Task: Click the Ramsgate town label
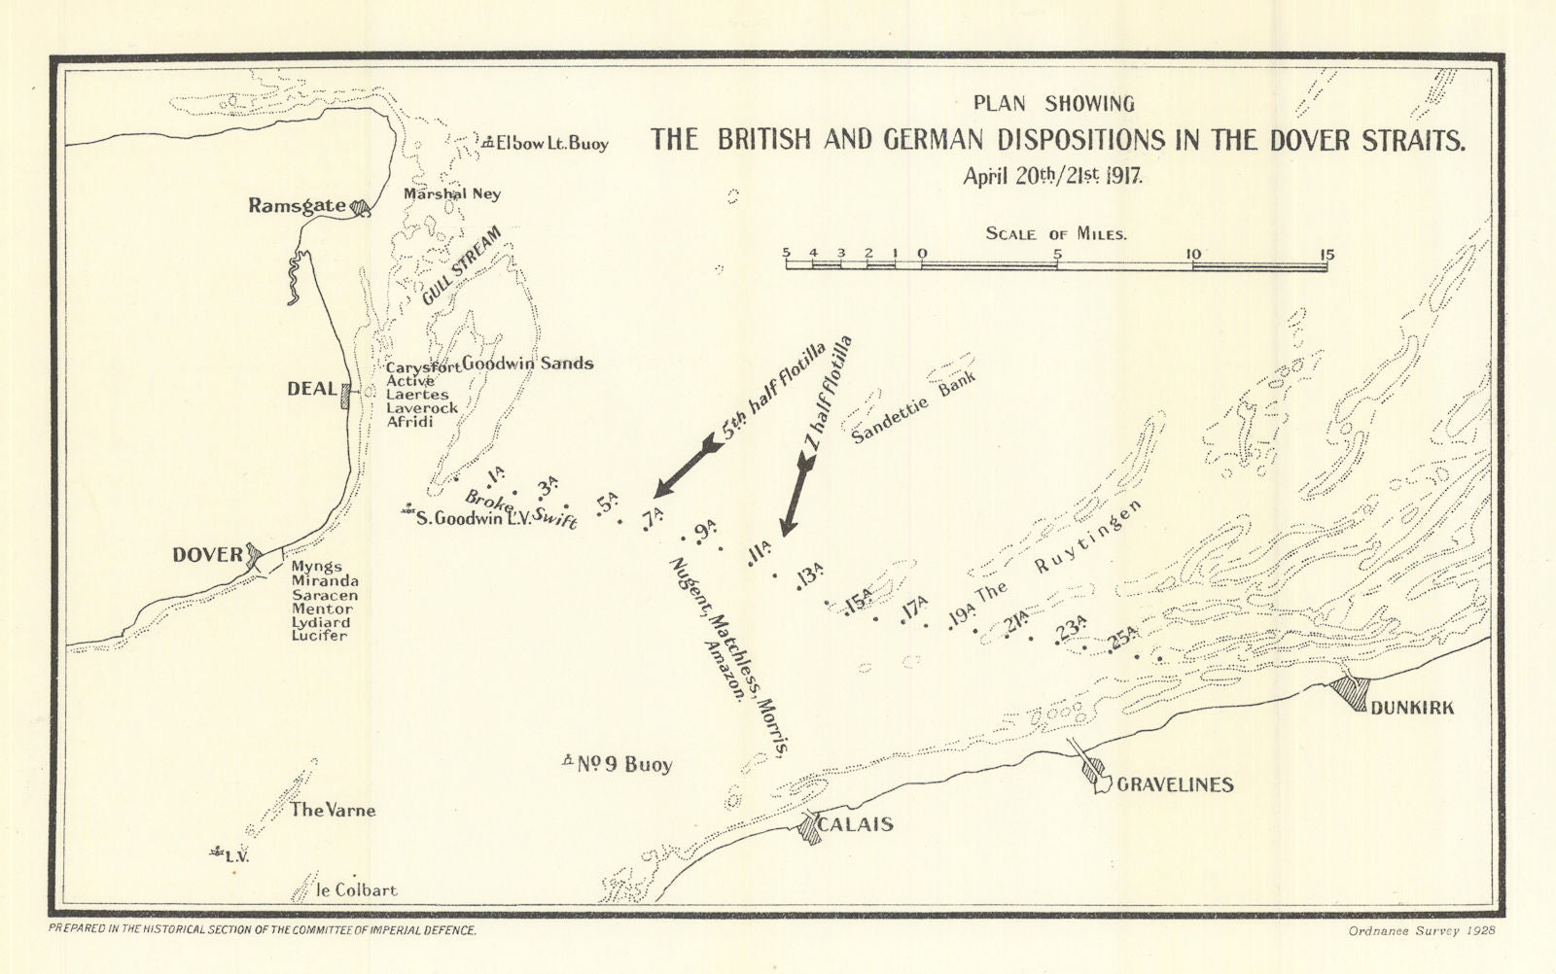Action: click(x=297, y=205)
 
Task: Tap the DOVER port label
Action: click(x=207, y=555)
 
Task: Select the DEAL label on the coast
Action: click(x=311, y=389)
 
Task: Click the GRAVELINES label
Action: click(x=1175, y=784)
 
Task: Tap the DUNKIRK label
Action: click(x=1412, y=708)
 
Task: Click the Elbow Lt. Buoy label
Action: click(x=551, y=144)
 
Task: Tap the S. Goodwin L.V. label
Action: click(x=473, y=519)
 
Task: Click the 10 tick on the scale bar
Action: click(x=1192, y=255)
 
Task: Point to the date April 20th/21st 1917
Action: click(x=1052, y=177)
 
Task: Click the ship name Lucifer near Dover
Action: click(x=319, y=636)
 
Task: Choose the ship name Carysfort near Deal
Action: click(x=423, y=367)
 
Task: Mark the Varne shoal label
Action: click(x=333, y=810)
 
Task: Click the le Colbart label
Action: click(x=357, y=889)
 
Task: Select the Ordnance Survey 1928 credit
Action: click(x=1422, y=930)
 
